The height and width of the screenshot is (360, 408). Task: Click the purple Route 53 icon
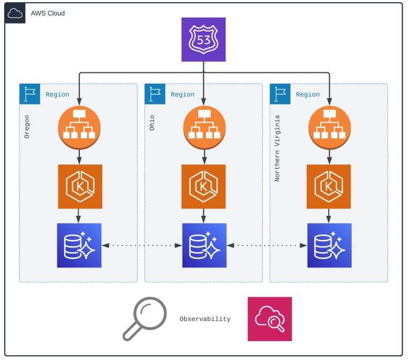click(203, 39)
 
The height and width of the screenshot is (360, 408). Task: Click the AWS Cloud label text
click(48, 13)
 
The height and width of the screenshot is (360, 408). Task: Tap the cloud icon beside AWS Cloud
click(15, 13)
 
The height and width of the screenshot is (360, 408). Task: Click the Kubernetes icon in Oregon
click(79, 186)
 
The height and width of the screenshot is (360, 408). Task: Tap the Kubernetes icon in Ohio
click(204, 186)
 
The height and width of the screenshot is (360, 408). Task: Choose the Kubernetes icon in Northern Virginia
click(329, 186)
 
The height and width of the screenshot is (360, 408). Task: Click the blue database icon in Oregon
click(79, 245)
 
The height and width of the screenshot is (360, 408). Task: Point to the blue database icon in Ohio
click(204, 245)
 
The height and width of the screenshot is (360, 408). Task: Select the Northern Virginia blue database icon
click(329, 245)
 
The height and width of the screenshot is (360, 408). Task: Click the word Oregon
click(27, 126)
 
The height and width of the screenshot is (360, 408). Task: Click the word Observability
click(205, 319)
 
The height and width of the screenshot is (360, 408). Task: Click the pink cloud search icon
click(270, 319)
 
